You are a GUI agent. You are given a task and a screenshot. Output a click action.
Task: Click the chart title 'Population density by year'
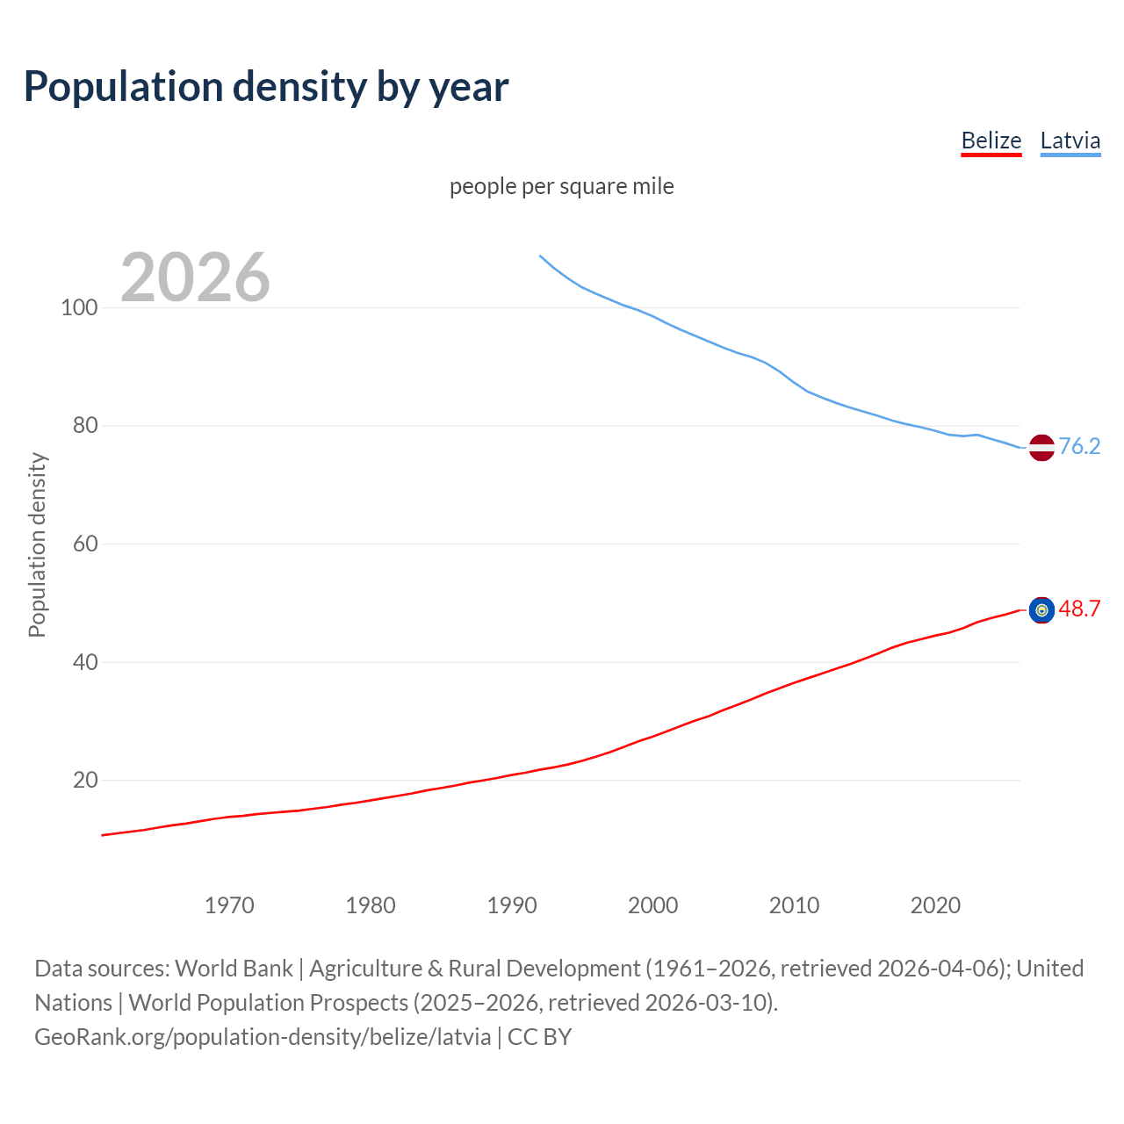point(266,87)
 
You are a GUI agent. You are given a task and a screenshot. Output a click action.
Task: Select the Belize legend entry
point(991,140)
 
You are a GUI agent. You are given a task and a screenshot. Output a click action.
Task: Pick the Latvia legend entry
point(1070,140)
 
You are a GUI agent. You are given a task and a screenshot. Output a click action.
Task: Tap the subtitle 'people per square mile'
point(561,186)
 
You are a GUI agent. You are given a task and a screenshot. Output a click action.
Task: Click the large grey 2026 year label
point(195,277)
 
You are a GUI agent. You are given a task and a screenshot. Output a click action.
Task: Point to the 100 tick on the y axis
point(79,307)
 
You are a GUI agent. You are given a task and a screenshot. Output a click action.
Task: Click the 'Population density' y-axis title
point(37,544)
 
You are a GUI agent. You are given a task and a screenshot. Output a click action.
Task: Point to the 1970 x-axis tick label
point(229,905)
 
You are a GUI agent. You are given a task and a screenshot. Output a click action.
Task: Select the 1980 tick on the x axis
point(371,905)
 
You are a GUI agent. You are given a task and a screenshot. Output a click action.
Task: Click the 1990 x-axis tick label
point(512,905)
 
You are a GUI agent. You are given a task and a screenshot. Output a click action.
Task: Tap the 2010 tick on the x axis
point(794,905)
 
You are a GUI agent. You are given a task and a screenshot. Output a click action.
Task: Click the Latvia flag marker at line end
point(1041,447)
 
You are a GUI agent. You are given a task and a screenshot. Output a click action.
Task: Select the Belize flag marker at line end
point(1041,609)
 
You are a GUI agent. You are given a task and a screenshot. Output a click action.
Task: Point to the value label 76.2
point(1079,446)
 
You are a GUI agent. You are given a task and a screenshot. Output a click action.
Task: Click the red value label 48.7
point(1079,609)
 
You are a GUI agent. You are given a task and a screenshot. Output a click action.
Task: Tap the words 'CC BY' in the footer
point(539,1037)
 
